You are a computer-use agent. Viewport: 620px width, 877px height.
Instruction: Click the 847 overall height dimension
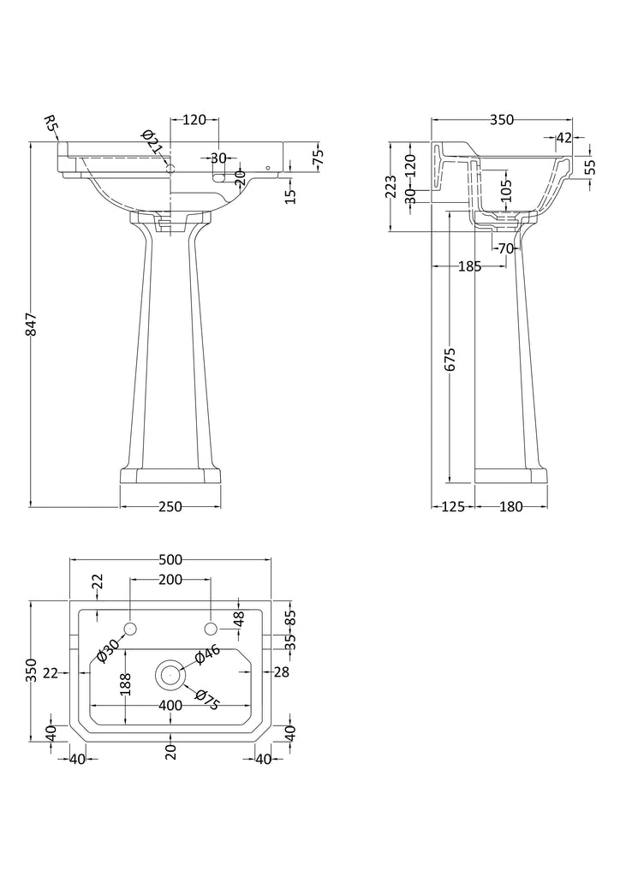coord(31,325)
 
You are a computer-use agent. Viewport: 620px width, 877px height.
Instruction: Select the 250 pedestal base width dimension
coord(170,507)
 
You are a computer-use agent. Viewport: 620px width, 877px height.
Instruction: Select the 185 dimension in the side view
coord(469,266)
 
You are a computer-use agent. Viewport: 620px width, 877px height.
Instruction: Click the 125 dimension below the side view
coord(451,507)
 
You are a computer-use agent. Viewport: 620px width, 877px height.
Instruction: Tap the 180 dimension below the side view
coord(510,507)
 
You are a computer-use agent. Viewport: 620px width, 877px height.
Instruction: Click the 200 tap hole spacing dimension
coord(170,581)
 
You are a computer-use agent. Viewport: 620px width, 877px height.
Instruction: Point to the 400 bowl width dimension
coord(170,706)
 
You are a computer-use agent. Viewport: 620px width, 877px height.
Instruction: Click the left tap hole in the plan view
coord(130,630)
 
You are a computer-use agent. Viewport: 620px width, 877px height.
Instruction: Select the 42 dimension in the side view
coord(563,137)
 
